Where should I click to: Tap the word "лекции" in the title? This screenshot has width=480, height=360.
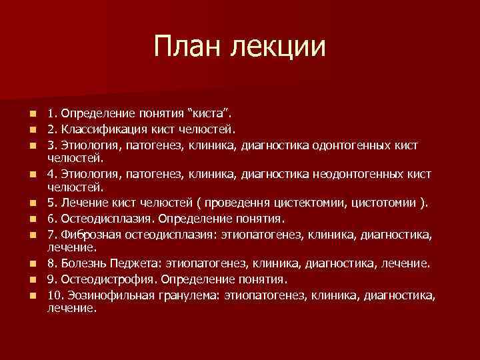click(279, 48)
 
